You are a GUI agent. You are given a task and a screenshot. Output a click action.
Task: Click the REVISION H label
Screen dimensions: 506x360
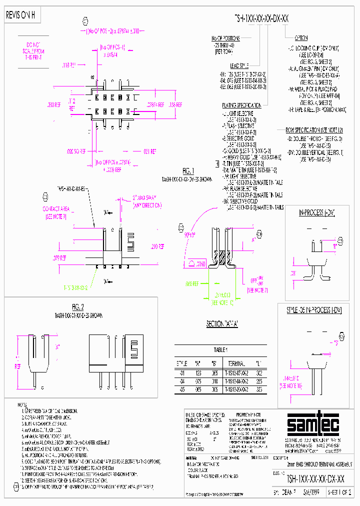point(20,15)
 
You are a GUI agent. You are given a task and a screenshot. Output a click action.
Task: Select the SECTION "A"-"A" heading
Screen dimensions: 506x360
point(221,324)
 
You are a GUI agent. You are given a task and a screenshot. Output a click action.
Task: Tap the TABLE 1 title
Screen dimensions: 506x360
point(220,350)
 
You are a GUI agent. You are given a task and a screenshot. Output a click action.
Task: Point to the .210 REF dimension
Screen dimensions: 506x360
point(153,246)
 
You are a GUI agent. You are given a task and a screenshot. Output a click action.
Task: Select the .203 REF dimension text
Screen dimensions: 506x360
point(53,105)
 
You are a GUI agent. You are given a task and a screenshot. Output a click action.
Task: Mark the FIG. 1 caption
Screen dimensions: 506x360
point(187,170)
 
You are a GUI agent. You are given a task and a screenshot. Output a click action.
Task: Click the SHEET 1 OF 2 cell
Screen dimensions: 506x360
point(339,492)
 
